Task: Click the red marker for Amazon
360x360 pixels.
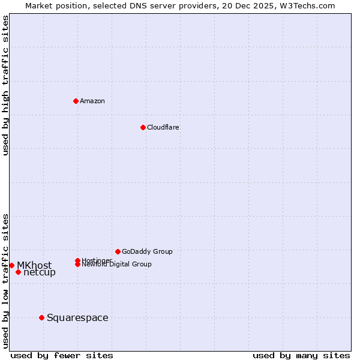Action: (76, 101)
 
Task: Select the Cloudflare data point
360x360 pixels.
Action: (143, 127)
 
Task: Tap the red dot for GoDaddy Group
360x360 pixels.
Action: (118, 251)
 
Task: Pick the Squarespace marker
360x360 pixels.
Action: (41, 317)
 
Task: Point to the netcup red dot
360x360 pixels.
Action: (18, 272)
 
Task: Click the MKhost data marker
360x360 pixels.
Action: (11, 265)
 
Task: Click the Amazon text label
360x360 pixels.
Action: (92, 101)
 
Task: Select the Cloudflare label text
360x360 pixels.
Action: (163, 127)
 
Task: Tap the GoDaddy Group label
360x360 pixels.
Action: (147, 251)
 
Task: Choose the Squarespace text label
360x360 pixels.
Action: (77, 317)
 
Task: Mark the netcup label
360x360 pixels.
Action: (40, 272)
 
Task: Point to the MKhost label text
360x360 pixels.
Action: (34, 265)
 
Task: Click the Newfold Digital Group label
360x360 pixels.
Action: (116, 265)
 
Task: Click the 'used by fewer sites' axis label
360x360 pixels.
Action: (62, 355)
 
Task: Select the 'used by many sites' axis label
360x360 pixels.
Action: (301, 355)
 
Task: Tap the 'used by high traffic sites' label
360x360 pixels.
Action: (5, 85)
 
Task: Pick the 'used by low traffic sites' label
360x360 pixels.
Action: (5, 281)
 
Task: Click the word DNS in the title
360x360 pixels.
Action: (148, 5)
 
